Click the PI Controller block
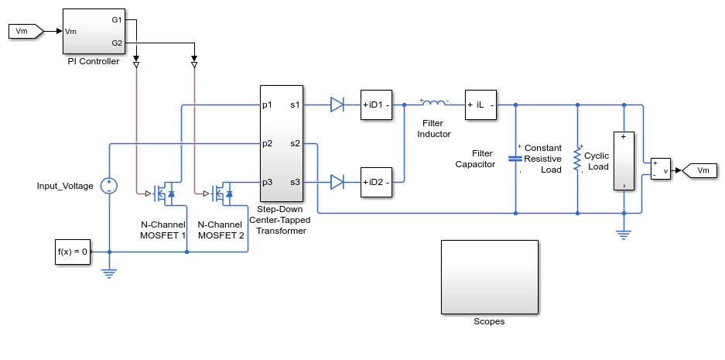pos(94,31)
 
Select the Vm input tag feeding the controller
pos(26,31)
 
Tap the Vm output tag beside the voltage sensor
pos(699,170)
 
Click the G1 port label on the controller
pos(117,20)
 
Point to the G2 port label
pos(117,43)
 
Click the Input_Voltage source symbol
pos(109,186)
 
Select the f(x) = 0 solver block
pos(73,252)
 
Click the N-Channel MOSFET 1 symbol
pos(164,194)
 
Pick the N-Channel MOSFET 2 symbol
pos(222,194)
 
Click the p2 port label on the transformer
pos(267,143)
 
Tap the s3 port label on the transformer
pos(295,182)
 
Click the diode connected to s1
pos(337,105)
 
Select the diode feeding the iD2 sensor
pos(337,182)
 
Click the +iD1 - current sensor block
pos(376,105)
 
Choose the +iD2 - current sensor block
pos(376,182)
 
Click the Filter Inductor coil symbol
pos(434,103)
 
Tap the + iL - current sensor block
pos(480,105)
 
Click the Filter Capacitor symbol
pos(515,159)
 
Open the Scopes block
pos(490,277)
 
